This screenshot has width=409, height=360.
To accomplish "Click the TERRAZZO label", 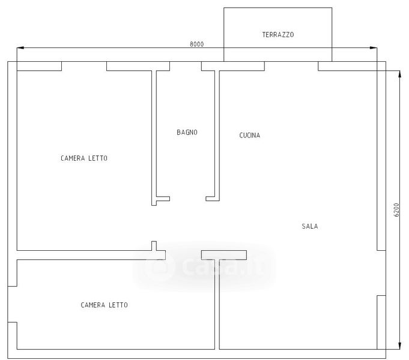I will [277, 35].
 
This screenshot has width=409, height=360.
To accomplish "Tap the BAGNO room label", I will [187, 133].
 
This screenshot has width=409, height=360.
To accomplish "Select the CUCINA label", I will [250, 136].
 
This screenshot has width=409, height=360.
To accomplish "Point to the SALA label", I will [310, 227].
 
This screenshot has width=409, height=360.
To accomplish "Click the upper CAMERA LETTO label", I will [84, 158].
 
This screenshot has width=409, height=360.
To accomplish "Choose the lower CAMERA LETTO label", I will [104, 305].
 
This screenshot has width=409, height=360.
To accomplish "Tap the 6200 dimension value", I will [396, 211].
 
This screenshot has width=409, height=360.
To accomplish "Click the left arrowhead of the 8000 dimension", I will [19, 48].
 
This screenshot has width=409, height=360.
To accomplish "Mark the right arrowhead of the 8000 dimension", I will [375, 48].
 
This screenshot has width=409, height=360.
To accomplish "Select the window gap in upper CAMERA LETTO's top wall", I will [84, 66].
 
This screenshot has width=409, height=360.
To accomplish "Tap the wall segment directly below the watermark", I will [217, 300].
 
